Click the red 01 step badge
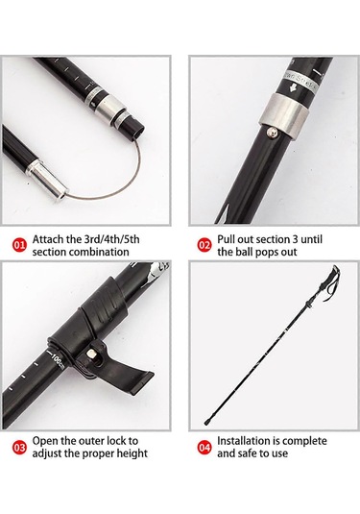[x=19, y=246]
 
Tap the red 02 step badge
[x=204, y=246]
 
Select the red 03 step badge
[x=19, y=448]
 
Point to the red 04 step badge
[x=204, y=448]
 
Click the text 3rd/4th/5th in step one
[x=112, y=239]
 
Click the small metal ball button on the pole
[x=273, y=132]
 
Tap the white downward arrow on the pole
[x=293, y=87]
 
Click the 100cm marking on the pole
[x=58, y=360]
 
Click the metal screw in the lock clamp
[x=91, y=354]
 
